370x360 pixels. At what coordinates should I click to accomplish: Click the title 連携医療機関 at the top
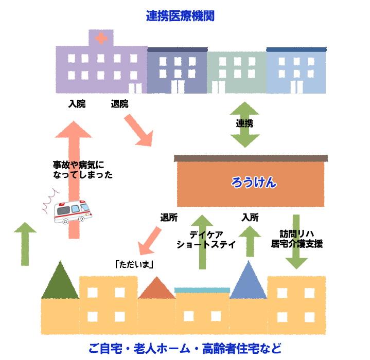[x=180, y=15]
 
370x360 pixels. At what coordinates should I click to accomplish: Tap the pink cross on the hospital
[x=101, y=38]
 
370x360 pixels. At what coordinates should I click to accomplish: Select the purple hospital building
[x=101, y=69]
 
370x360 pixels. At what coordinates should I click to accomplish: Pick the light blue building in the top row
[x=296, y=72]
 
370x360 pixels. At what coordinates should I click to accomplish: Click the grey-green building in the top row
[x=237, y=72]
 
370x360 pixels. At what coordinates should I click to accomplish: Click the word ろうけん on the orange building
[x=254, y=182]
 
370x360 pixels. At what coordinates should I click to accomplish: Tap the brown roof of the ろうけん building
[x=251, y=158]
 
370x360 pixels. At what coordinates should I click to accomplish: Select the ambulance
[x=73, y=211]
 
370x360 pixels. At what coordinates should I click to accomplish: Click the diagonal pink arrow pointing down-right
[x=139, y=130]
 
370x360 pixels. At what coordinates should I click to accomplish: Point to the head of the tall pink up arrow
[x=73, y=129]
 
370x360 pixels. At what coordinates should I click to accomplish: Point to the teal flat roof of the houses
[x=202, y=290]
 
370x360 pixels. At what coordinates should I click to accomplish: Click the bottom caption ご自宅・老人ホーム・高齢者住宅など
[x=185, y=348]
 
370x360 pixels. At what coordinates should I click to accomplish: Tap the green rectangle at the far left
[x=25, y=244]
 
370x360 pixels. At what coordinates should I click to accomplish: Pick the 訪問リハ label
[x=294, y=225]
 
